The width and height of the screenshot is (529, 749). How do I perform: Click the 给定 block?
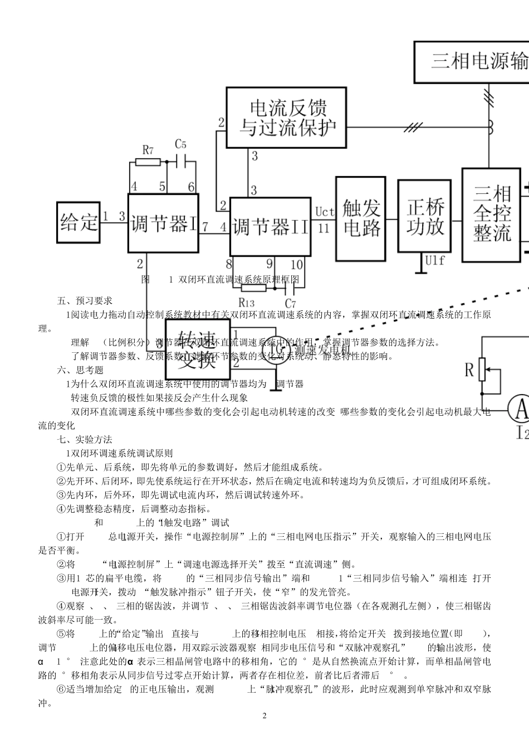tap(79, 222)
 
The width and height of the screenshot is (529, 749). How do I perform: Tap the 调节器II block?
tap(270, 226)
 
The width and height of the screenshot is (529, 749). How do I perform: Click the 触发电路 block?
tap(360, 218)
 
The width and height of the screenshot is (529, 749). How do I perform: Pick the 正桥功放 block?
tap(424, 216)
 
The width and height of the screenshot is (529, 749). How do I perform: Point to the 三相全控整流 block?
tap(492, 215)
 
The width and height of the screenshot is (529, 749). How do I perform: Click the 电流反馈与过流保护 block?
tap(286, 117)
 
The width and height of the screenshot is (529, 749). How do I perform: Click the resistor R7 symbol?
tap(148, 163)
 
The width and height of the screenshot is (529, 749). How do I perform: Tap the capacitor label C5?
tap(181, 144)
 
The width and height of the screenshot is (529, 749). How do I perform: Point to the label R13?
tap(246, 303)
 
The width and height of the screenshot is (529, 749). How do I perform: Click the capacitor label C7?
tap(290, 303)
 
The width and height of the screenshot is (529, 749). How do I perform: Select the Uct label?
tap(324, 212)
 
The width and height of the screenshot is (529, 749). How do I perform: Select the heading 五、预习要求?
tap(85, 300)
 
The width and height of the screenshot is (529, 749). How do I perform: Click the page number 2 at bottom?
tap(264, 716)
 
